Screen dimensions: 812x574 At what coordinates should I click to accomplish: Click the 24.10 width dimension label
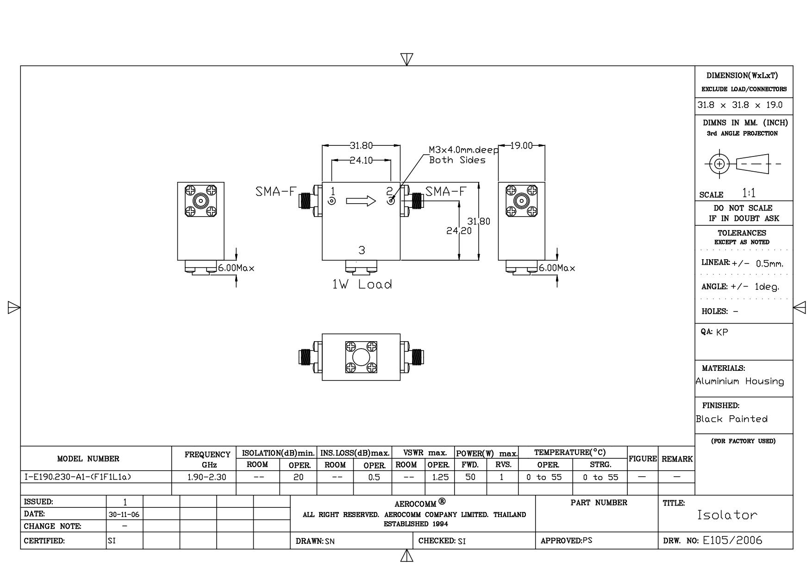tap(361, 160)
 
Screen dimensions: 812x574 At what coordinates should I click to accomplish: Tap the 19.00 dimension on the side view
tap(521, 146)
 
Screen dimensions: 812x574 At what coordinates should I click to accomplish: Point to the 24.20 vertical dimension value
tap(459, 231)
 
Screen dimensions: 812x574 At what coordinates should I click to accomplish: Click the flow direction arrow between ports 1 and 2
tap(361, 201)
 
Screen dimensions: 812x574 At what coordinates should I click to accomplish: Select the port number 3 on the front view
tap(362, 250)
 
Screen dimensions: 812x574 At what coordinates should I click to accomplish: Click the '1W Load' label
tap(362, 284)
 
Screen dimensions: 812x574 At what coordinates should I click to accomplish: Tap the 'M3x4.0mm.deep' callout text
tap(463, 150)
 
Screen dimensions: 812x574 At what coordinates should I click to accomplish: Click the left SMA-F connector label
tap(275, 191)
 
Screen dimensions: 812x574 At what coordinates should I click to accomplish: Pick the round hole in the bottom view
tap(361, 357)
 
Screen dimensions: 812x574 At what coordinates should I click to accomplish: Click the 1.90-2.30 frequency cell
tap(207, 477)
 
